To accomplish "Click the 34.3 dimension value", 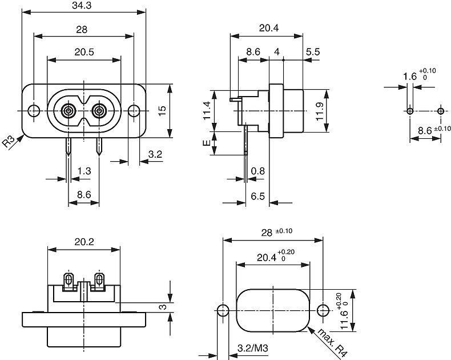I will (83, 6).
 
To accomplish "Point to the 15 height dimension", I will (162, 111).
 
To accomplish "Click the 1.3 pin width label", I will (83, 170).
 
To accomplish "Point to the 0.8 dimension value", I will (258, 170).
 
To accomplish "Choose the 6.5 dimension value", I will (258, 196).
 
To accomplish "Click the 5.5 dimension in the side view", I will (312, 52).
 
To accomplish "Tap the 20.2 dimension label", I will (84, 242).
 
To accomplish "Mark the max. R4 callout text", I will (332, 343).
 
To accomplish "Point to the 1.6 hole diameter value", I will (410, 76).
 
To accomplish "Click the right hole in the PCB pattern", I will (440, 110).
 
